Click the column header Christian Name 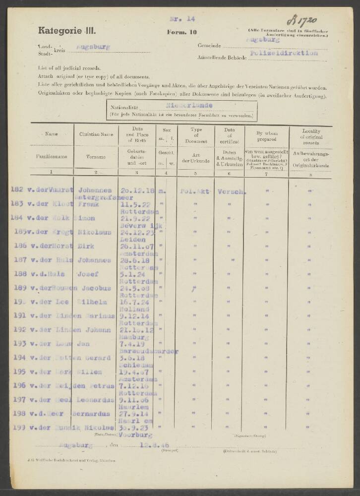click(x=96, y=134)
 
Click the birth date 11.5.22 click(x=130, y=203)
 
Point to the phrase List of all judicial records click(x=69, y=67)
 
